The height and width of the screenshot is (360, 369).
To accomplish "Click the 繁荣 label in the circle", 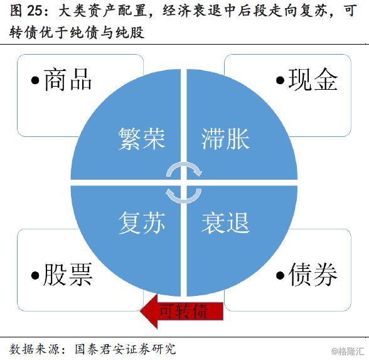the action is [142, 139].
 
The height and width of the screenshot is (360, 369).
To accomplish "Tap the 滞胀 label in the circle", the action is [225, 139].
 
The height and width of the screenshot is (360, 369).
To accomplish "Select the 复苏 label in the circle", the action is [142, 222].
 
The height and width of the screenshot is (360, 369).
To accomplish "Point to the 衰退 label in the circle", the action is [225, 222].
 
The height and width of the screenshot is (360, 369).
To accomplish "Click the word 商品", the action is [68, 80].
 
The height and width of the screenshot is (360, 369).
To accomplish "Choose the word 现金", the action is [313, 80].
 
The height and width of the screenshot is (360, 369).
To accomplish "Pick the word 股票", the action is [68, 275].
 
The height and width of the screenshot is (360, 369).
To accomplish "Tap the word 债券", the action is [313, 275].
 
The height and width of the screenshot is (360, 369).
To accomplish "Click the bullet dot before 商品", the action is [35, 80].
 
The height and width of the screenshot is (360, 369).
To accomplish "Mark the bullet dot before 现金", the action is [280, 80].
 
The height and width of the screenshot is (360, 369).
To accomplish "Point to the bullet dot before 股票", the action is [35, 275].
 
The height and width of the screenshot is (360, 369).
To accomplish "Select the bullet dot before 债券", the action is [280, 275].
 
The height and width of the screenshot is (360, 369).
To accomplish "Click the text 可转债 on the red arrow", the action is [183, 311].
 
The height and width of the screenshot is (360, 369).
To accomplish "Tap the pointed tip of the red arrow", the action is [141, 311].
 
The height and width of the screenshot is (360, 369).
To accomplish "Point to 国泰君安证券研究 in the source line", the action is [126, 349].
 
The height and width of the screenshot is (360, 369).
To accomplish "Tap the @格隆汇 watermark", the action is [348, 351].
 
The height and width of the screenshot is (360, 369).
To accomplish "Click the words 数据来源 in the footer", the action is [35, 349].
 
